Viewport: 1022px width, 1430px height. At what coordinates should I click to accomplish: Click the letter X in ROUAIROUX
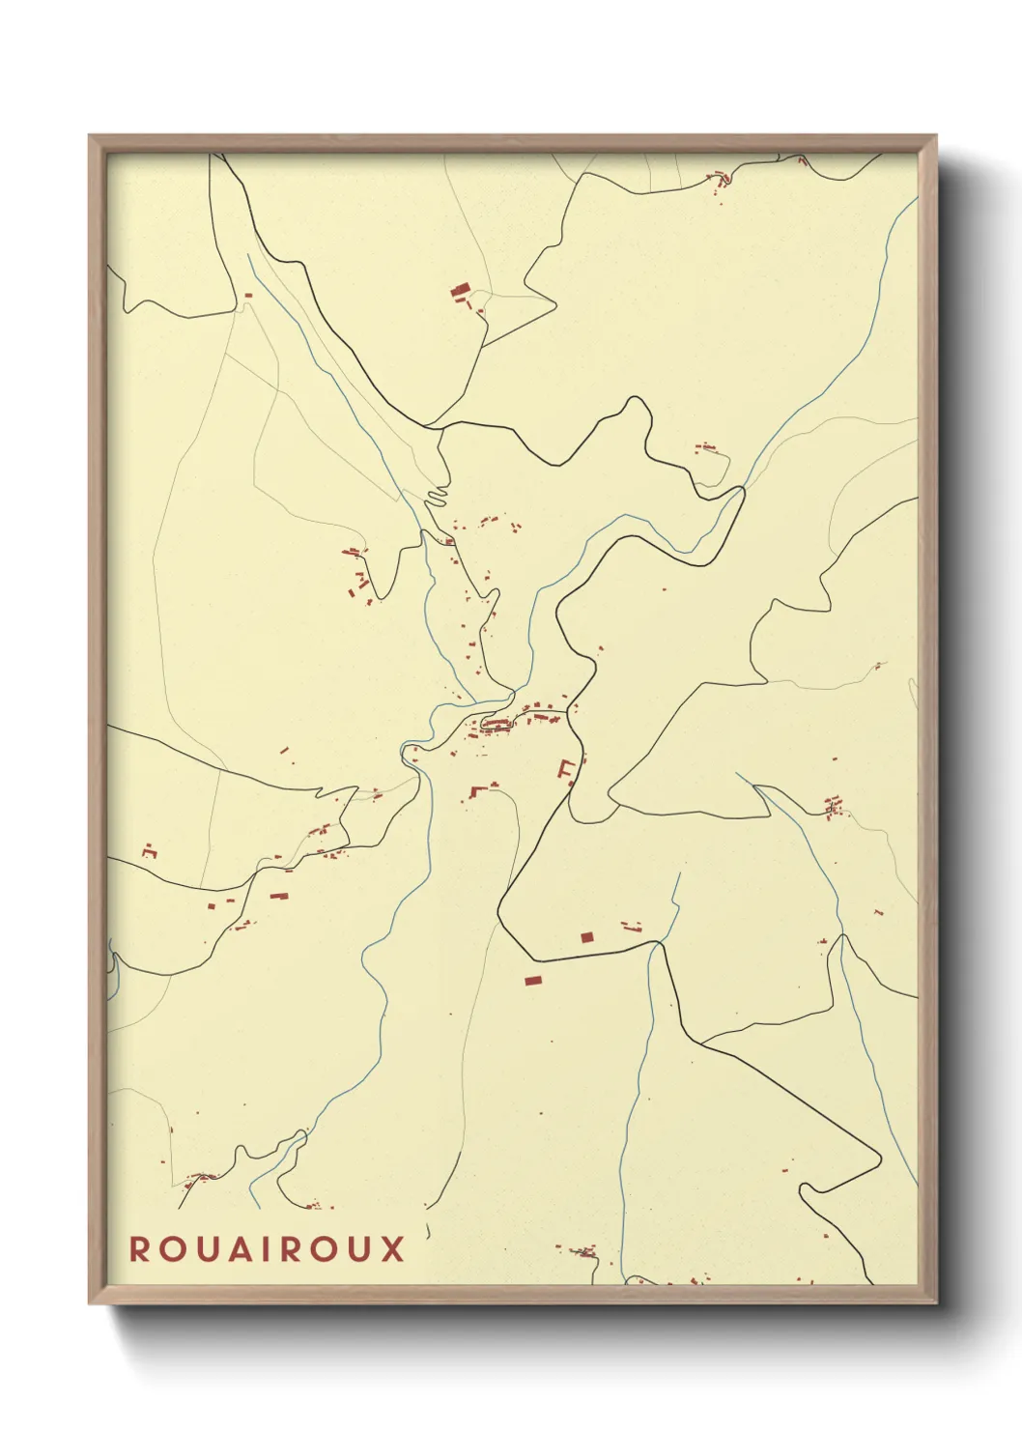pos(391,1249)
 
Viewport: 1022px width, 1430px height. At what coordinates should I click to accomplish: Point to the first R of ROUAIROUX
pos(140,1249)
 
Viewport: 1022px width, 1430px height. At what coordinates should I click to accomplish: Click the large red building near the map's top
pos(460,289)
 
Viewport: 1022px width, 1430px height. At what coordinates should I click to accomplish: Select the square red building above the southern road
pos(585,936)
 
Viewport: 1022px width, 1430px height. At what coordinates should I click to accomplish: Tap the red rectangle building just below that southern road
pos(532,981)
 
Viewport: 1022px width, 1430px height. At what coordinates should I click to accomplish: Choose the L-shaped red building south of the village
pos(475,791)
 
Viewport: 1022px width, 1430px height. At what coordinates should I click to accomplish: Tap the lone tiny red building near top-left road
pos(248,295)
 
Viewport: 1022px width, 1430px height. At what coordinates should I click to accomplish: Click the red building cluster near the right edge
pos(833,806)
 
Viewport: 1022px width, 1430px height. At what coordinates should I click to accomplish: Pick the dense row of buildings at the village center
pos(497,725)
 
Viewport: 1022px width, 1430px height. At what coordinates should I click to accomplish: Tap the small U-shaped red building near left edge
pos(149,850)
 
